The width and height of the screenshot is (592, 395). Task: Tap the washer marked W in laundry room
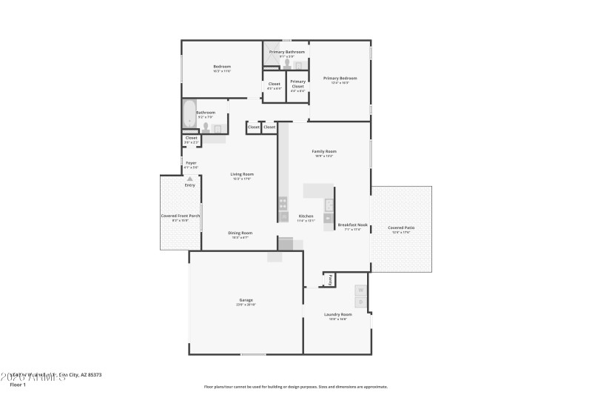pos(361,290)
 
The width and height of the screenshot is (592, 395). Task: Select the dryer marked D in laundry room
pos(361,302)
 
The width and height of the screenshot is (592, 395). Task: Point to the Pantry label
pos(330,279)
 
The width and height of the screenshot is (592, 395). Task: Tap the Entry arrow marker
pos(190,179)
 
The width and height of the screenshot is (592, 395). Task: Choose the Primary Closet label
pos(297,84)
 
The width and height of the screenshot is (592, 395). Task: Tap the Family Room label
pos(326,151)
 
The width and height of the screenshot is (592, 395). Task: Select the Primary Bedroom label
pos(340,78)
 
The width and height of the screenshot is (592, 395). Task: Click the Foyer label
pos(191,162)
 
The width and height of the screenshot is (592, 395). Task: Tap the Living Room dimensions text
pos(242,179)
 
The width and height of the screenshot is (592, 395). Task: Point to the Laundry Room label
pos(337,314)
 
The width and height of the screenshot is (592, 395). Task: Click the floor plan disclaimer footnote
pos(295,386)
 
